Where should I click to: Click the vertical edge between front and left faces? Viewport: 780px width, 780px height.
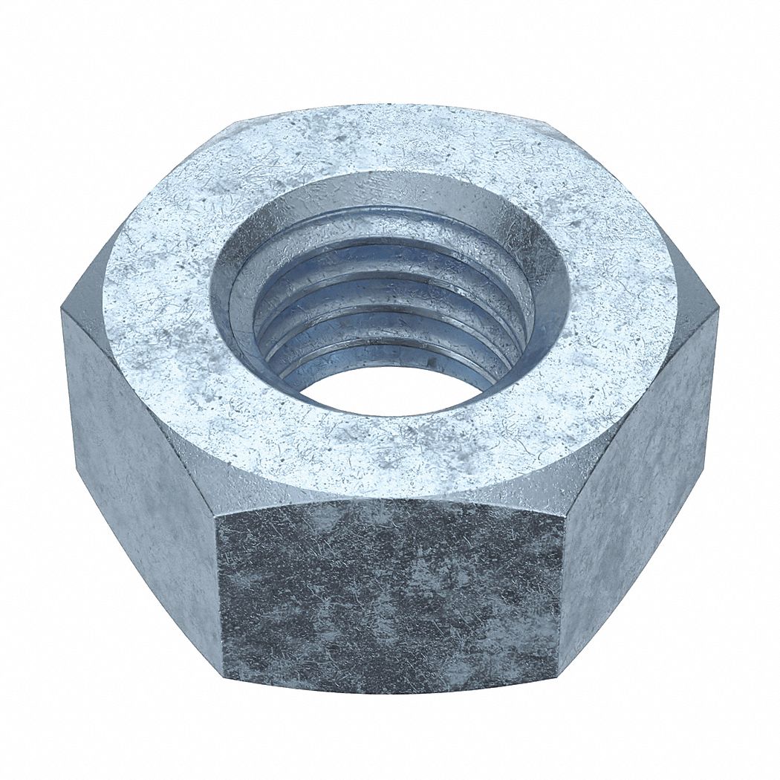221,579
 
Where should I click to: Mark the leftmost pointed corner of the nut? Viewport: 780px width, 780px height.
62,312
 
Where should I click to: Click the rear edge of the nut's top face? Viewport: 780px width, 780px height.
390,106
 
